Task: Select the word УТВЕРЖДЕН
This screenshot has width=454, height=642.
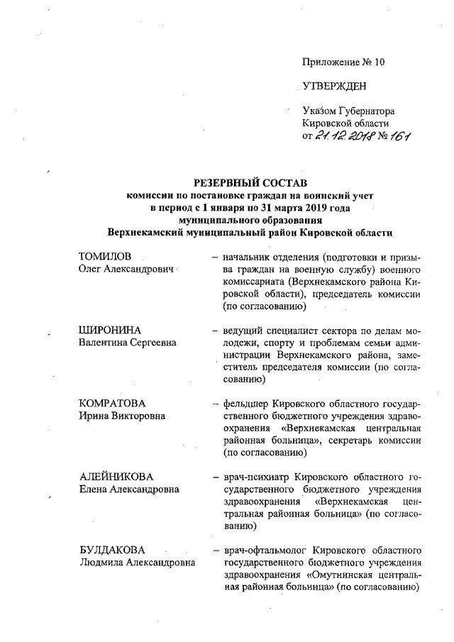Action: pyautogui.click(x=335, y=87)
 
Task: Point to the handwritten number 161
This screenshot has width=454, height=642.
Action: pyautogui.click(x=399, y=136)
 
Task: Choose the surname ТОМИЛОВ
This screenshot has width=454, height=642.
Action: pyautogui.click(x=106, y=256)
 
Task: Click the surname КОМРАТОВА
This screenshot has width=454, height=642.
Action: pyautogui.click(x=113, y=404)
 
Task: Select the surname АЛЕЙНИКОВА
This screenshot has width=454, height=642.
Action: pyautogui.click(x=116, y=477)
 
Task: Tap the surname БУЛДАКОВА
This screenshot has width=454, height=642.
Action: pyautogui.click(x=113, y=550)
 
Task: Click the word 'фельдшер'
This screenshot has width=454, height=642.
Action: pyautogui.click(x=245, y=404)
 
